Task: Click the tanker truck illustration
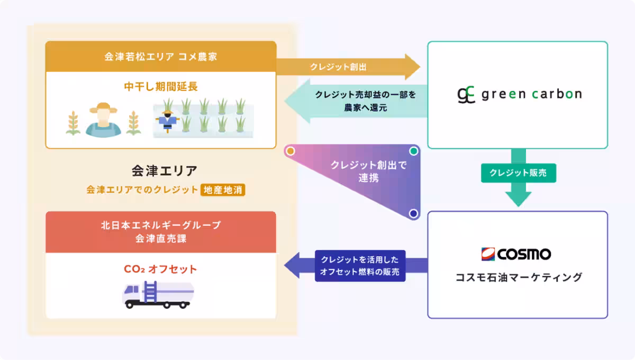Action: [158, 295]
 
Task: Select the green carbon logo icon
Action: [466, 95]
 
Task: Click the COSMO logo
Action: [516, 254]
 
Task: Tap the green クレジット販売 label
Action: [518, 173]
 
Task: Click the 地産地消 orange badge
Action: [223, 190]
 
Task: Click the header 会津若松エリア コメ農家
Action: [160, 57]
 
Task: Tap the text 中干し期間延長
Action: [161, 86]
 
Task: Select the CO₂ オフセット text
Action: [160, 269]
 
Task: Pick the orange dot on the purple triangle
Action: [289, 151]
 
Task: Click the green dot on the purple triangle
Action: [414, 151]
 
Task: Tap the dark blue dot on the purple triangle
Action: [413, 214]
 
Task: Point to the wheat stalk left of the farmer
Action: [74, 123]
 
